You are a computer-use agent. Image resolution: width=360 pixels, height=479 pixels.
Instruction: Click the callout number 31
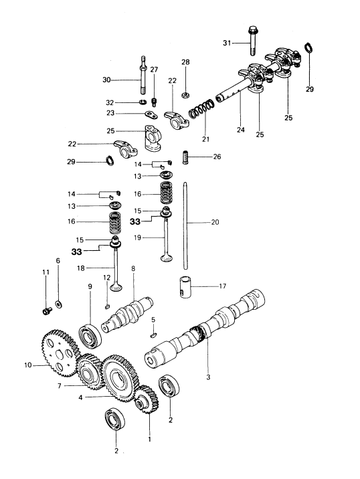tap(227, 43)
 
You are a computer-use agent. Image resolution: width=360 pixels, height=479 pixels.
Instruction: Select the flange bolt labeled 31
tap(252, 41)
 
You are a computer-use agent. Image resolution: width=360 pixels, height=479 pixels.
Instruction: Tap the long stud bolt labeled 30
tap(143, 76)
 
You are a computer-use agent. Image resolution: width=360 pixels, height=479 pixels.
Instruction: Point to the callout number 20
tap(215, 222)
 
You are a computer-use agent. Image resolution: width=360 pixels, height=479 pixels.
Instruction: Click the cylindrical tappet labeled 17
tap(185, 287)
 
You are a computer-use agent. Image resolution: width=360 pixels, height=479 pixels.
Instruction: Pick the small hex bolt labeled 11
tap(46, 311)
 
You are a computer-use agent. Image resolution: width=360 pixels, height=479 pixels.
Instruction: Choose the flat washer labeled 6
tap(58, 304)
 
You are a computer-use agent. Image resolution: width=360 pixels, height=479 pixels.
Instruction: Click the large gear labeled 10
tap(60, 353)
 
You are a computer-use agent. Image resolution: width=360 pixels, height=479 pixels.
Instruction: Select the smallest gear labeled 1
tap(147, 399)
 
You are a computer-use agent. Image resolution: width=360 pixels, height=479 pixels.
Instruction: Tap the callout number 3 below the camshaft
tap(208, 377)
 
